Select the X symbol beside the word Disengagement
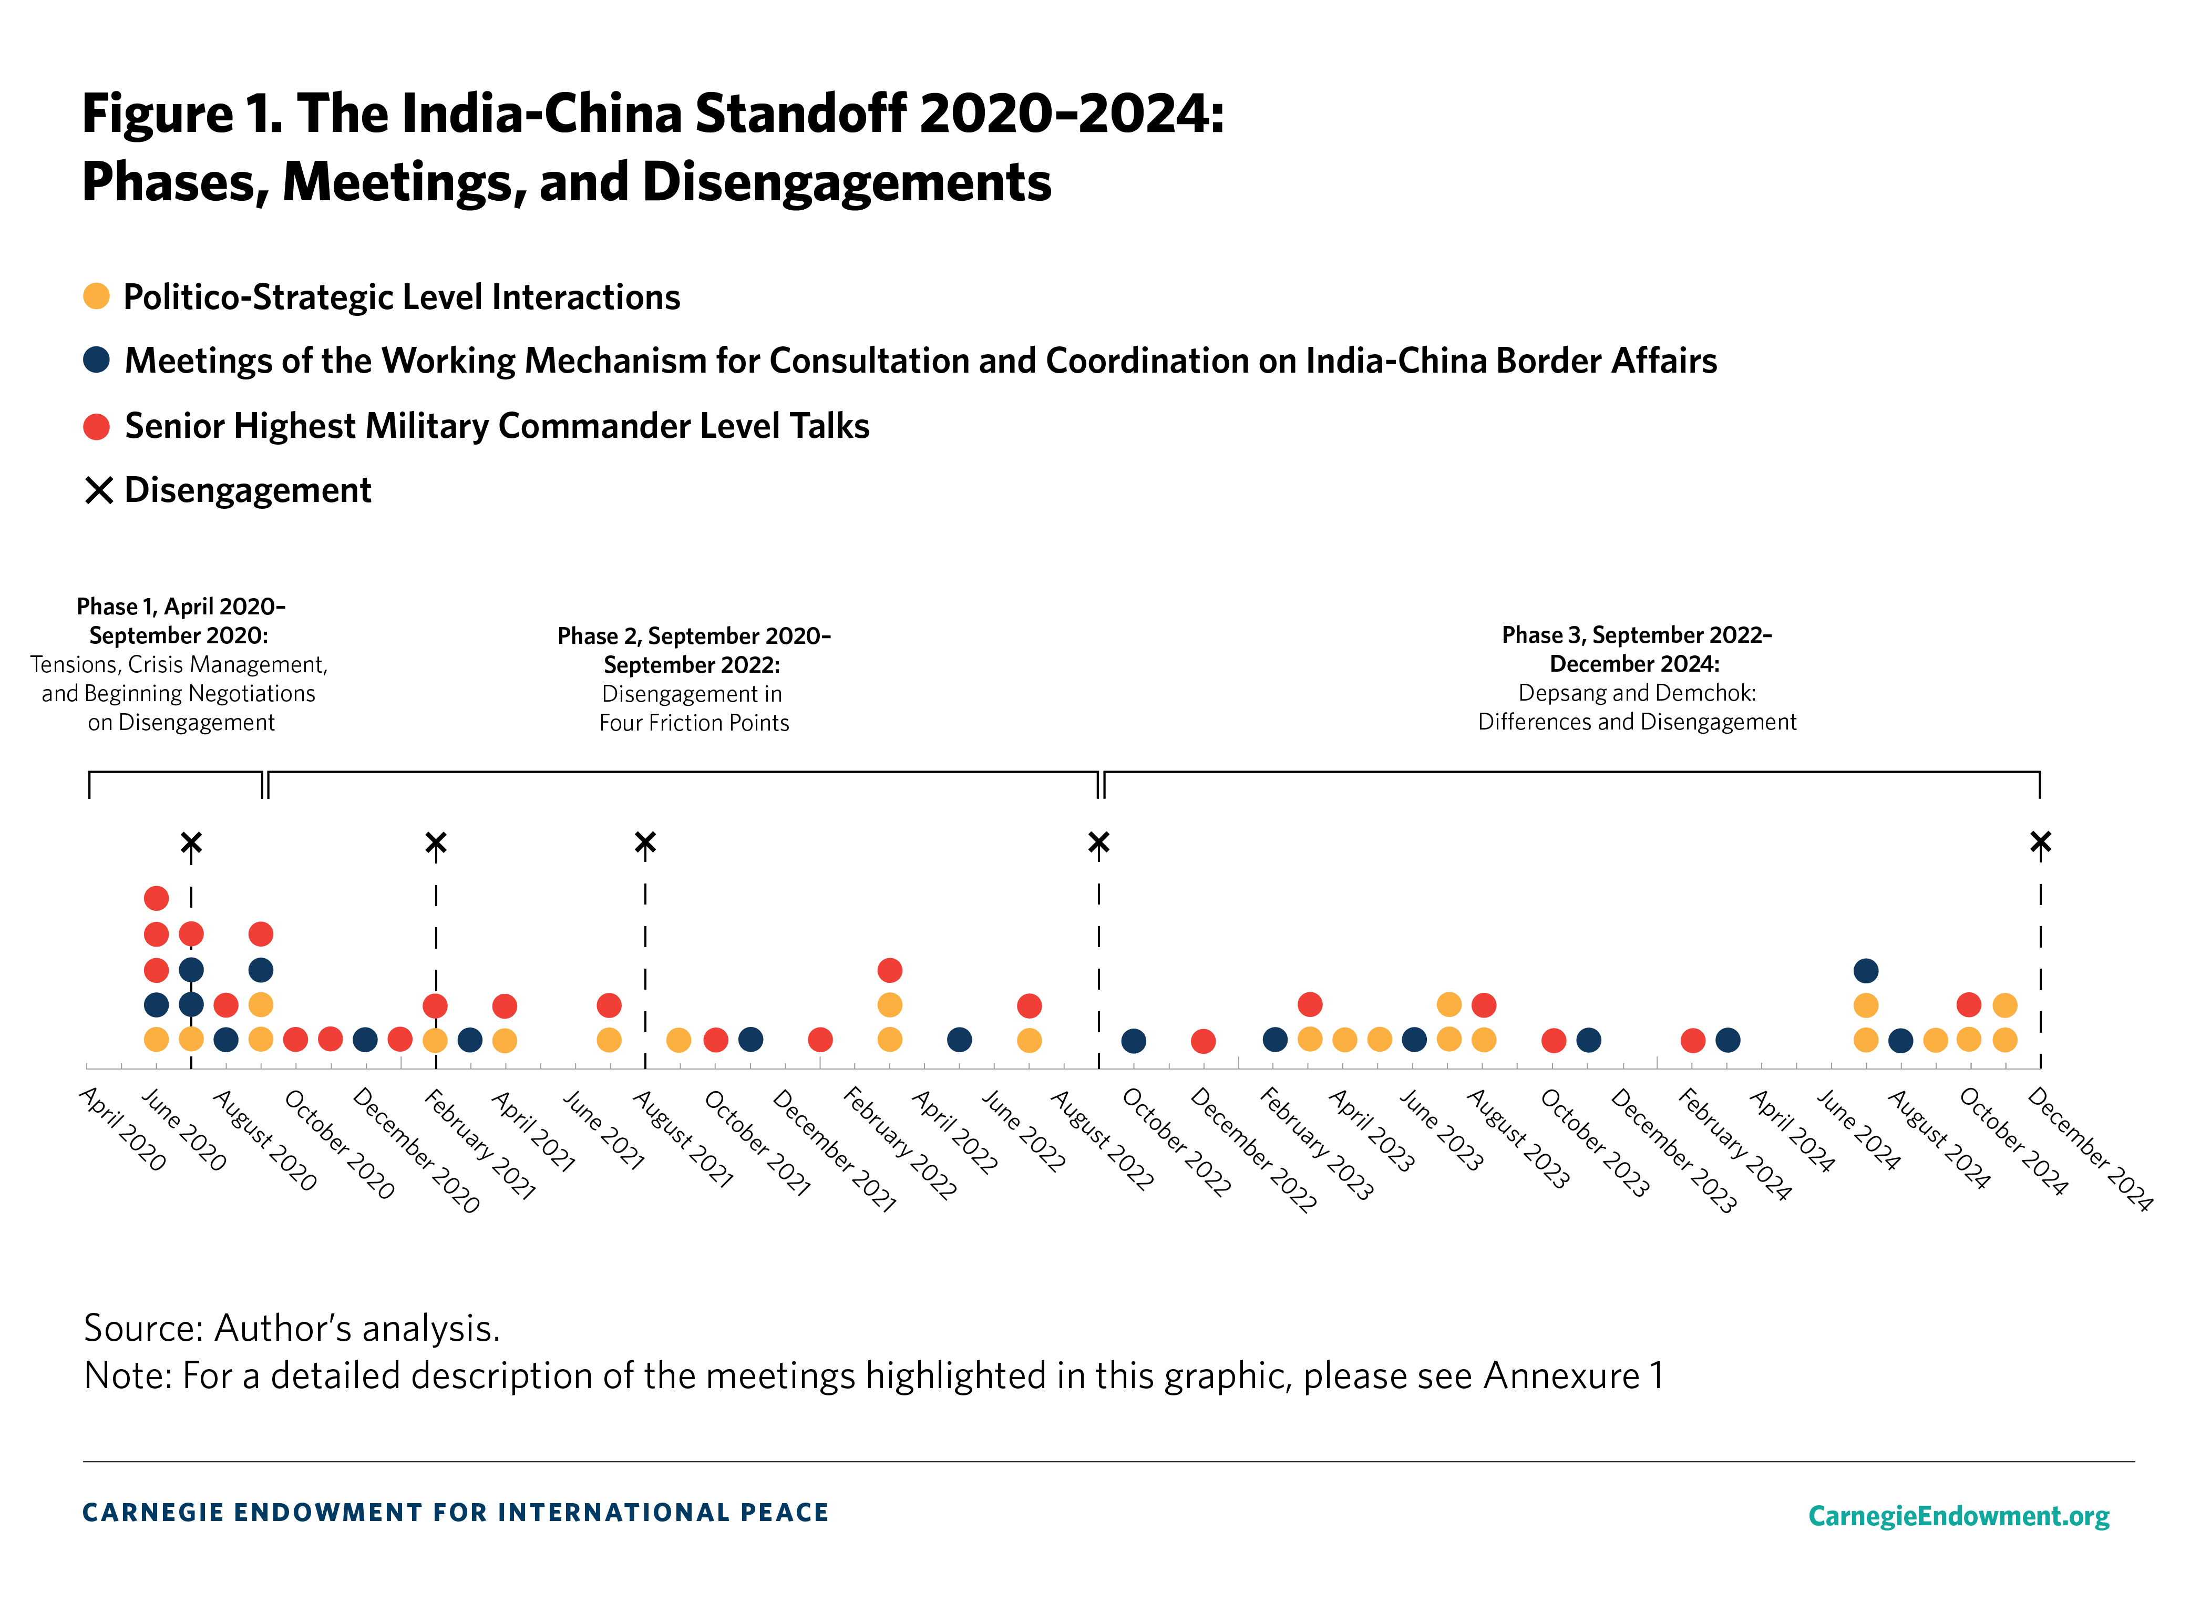[99, 490]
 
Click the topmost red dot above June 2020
[156, 897]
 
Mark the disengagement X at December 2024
[2040, 841]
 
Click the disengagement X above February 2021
[436, 841]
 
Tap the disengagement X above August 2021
[644, 841]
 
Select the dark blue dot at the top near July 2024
[1865, 971]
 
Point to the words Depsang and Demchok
[1637, 693]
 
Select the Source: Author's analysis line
[292, 1328]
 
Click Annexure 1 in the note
[1573, 1376]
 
